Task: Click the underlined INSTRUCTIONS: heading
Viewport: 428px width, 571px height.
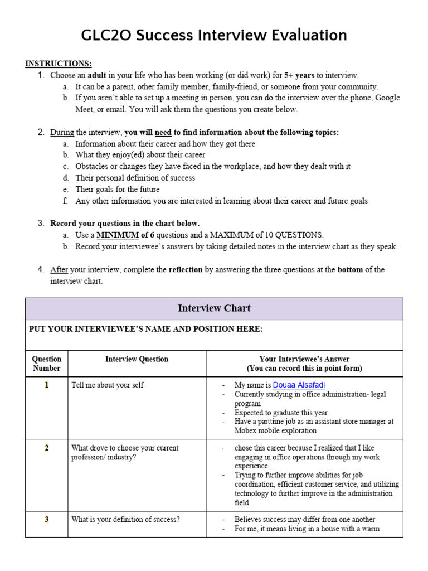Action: pyautogui.click(x=59, y=64)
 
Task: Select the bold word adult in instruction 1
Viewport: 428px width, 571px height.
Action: pyautogui.click(x=95, y=75)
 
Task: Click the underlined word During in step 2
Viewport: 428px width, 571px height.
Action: pyautogui.click(x=62, y=132)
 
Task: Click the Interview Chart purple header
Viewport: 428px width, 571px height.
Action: pyautogui.click(x=214, y=308)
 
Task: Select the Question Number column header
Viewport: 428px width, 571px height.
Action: pyautogui.click(x=47, y=364)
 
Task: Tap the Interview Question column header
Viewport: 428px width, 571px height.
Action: pyautogui.click(x=137, y=359)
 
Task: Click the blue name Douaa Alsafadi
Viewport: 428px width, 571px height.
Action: pyautogui.click(x=299, y=385)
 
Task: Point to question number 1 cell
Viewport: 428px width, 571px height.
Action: pyautogui.click(x=47, y=385)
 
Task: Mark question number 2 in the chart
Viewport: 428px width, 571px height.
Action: pyautogui.click(x=47, y=448)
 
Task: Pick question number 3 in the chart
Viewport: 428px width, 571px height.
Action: pyautogui.click(x=47, y=520)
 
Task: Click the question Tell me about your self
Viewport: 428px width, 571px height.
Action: pyautogui.click(x=108, y=385)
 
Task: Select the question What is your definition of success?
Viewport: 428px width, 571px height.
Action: pyautogui.click(x=125, y=520)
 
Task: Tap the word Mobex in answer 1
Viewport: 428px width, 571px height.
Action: pyautogui.click(x=246, y=430)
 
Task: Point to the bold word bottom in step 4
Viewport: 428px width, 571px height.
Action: pyautogui.click(x=350, y=269)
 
